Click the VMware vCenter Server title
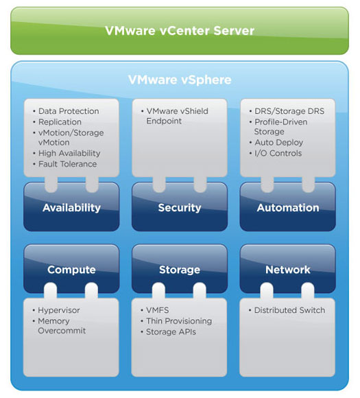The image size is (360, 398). tap(180, 31)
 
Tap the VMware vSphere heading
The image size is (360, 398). tap(180, 80)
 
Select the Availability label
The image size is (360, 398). tap(71, 208)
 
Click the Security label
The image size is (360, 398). tap(180, 208)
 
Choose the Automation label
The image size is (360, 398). tap(288, 208)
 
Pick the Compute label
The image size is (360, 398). tap(71, 270)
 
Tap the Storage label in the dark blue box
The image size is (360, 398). tap(180, 270)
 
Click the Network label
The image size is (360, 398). tap(288, 270)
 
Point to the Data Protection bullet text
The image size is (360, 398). tap(69, 111)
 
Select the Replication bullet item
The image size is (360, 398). tap(60, 122)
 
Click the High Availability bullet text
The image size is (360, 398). tap(69, 153)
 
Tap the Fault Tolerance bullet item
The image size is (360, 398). tap(67, 164)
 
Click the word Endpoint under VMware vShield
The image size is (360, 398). tap(164, 121)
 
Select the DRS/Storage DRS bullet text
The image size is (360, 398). tap(289, 111)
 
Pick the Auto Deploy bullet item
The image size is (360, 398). tap(279, 143)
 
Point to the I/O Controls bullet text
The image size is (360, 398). tap(278, 153)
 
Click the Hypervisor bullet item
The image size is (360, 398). tap(59, 310)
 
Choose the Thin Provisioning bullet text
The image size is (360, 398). tap(179, 321)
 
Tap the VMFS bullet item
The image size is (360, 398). tap(158, 310)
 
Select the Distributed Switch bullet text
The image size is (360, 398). tap(290, 310)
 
